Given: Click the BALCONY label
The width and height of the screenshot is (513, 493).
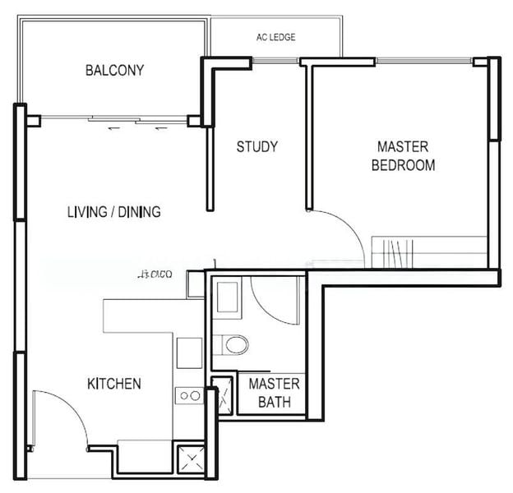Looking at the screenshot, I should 114,70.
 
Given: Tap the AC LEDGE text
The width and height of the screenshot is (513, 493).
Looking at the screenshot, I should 275,37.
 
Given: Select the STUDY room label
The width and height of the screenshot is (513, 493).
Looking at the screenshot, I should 257,147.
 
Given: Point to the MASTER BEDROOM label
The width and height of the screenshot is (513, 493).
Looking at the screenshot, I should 403,155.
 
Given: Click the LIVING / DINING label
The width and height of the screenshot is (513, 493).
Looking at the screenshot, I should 113,212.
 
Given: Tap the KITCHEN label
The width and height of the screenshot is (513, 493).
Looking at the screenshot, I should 114,384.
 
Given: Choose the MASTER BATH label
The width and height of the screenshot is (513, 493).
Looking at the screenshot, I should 274,393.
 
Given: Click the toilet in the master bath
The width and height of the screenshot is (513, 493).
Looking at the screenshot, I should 235,343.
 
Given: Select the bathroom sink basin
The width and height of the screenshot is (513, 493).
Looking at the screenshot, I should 226,298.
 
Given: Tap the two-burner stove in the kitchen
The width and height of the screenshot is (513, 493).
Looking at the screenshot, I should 189,395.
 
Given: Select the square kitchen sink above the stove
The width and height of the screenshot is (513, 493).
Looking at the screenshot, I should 188,352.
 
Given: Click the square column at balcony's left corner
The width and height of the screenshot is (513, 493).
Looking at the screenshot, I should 33,121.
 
